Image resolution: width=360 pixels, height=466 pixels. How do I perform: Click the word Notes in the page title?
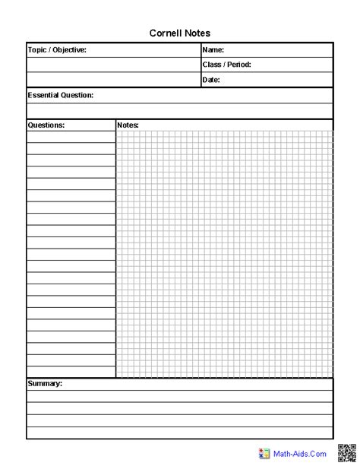point(197,33)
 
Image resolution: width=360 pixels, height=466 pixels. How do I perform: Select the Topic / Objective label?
point(57,49)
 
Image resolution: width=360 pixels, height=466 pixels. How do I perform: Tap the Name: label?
point(213,49)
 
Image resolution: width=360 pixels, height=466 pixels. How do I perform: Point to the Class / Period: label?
point(226,65)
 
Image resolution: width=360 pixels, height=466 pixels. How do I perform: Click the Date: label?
point(211,80)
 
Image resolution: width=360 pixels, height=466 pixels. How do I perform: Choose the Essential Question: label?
point(61,95)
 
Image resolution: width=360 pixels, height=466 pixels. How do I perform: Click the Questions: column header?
point(46,125)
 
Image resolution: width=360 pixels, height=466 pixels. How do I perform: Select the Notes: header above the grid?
point(128,125)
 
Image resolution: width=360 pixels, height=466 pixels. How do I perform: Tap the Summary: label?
point(45,384)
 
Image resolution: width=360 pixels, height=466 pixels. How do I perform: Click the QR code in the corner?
point(347,452)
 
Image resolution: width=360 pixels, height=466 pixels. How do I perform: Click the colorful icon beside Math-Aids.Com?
point(265,453)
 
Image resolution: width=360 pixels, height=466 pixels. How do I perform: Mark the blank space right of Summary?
point(197,384)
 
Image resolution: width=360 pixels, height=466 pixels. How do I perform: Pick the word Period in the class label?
point(238,65)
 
